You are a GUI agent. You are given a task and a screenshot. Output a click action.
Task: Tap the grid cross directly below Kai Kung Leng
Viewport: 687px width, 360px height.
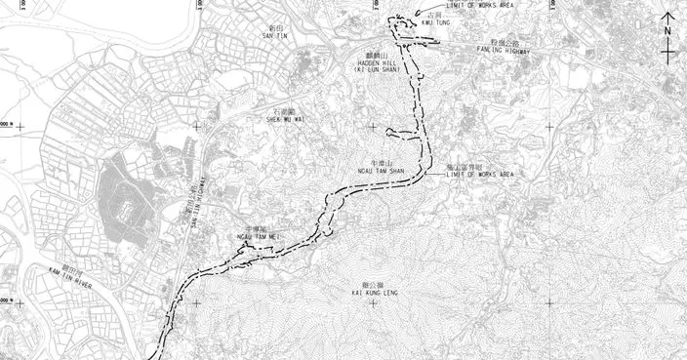coord(371,302)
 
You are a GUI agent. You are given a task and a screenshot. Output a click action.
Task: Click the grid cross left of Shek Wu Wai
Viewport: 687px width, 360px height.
coord(196,126)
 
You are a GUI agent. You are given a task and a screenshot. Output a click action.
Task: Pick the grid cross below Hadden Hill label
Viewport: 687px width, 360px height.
coord(371,126)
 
